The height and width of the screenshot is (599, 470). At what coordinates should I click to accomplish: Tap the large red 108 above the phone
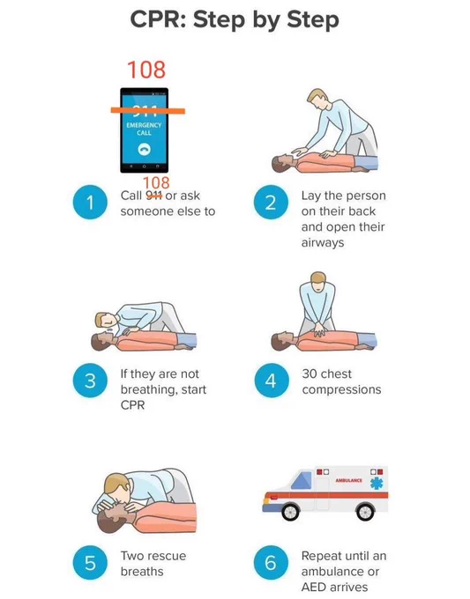coord(146,70)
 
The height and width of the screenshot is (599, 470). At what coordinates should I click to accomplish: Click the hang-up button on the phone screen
coord(144,149)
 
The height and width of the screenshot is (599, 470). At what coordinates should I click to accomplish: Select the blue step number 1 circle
coord(90,202)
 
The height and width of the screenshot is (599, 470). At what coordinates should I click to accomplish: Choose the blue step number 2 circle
coord(271,202)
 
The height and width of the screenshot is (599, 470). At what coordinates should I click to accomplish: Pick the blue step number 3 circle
coord(90,381)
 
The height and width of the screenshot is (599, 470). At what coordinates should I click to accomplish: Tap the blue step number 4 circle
coord(271,381)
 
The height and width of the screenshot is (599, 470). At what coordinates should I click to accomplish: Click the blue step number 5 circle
coord(90,562)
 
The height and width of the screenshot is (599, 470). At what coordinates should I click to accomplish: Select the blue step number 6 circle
coord(271,562)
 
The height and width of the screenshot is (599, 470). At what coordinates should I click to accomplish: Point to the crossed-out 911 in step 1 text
coord(153,196)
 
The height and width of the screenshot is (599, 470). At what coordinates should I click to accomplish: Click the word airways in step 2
coord(323,243)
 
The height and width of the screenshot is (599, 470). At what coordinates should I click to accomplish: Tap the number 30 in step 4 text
coord(310,373)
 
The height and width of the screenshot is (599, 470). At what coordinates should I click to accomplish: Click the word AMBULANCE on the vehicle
coord(349,480)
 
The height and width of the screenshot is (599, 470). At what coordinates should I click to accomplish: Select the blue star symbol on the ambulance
coord(377,483)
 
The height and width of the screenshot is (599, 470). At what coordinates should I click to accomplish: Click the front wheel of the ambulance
coord(291,511)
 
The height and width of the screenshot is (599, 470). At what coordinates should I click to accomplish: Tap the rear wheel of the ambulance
coord(365,511)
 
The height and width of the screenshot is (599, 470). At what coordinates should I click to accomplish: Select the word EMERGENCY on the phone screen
coord(144,125)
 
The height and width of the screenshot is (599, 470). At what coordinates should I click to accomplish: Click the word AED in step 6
coord(314,587)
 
